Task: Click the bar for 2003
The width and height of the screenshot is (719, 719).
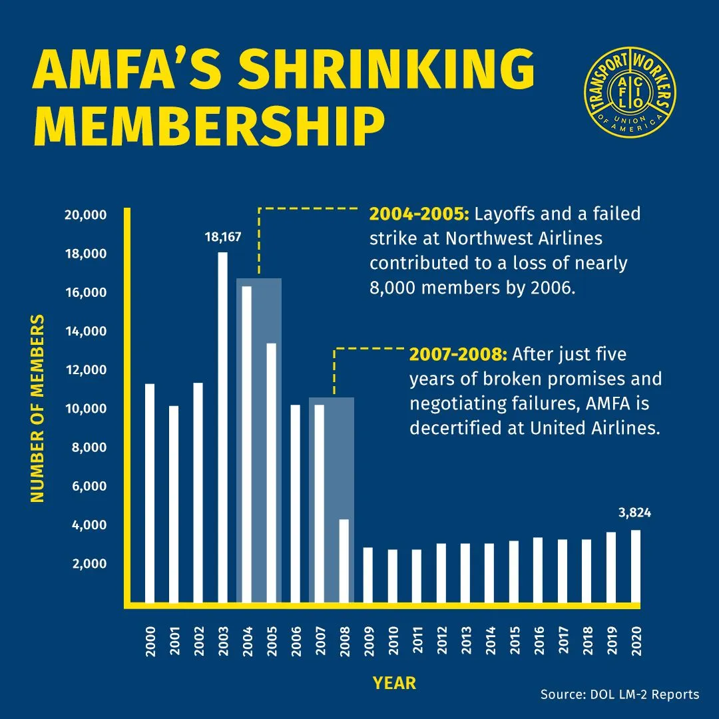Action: click(223, 426)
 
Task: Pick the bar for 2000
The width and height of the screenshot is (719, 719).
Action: click(150, 493)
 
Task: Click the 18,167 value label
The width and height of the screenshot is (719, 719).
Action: click(223, 236)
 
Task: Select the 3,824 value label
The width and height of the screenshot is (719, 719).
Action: click(634, 513)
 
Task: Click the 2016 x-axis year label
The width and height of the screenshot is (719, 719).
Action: click(538, 640)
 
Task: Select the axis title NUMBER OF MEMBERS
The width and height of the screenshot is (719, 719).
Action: click(37, 409)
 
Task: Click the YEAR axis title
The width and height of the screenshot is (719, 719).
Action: click(394, 682)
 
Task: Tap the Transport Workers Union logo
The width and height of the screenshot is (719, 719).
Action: click(628, 92)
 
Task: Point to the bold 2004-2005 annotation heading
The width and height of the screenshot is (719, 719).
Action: click(419, 214)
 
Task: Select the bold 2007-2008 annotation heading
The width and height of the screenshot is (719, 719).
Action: click(459, 354)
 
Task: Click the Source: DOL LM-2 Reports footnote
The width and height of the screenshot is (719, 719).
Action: click(619, 694)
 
